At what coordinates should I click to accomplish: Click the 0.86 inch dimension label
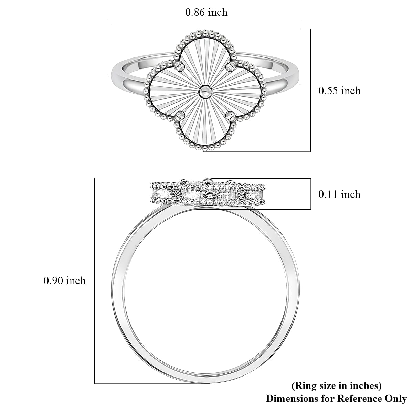click(x=206, y=13)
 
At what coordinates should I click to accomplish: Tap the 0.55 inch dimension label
click(x=339, y=91)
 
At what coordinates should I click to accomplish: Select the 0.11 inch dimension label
click(x=339, y=194)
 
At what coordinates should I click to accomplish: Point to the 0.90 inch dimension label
click(x=64, y=281)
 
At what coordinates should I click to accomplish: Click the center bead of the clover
click(x=205, y=92)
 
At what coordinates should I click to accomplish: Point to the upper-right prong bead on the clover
click(x=230, y=67)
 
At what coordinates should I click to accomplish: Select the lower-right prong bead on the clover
click(x=230, y=115)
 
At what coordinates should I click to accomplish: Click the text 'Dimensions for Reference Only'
click(x=336, y=399)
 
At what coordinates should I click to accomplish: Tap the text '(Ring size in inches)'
click(x=336, y=386)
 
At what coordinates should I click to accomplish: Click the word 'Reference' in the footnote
click(x=357, y=399)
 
